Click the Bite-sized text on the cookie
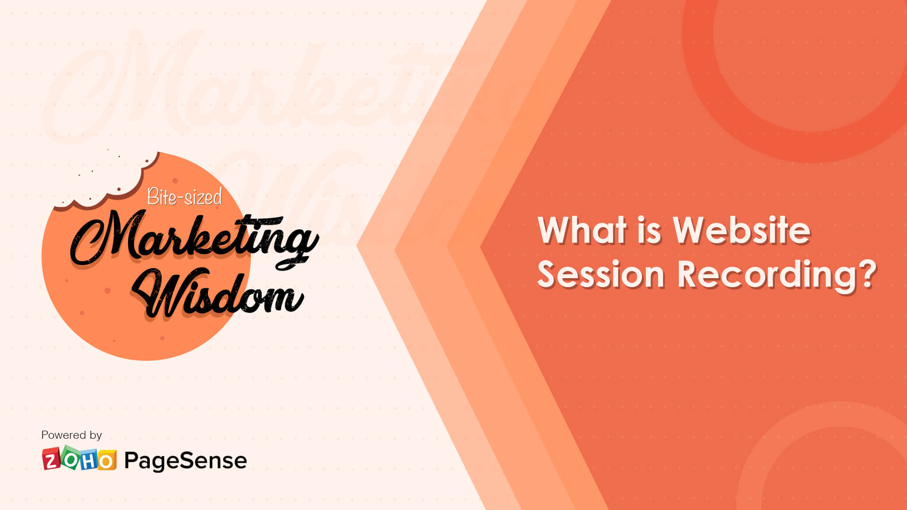coord(184,196)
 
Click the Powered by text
coord(71,435)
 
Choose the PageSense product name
coord(185,460)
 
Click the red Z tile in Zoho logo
coord(51,460)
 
